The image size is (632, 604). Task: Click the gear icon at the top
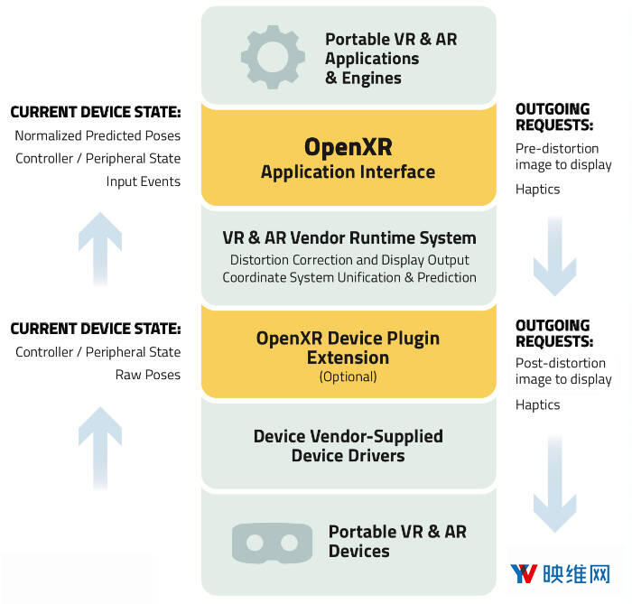pyautogui.click(x=272, y=57)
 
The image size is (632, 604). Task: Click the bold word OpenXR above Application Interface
pyautogui.click(x=348, y=146)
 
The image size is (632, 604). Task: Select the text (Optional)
pyautogui.click(x=348, y=376)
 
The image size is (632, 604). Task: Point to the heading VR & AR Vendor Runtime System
pyautogui.click(x=349, y=238)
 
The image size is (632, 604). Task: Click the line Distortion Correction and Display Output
pyautogui.click(x=349, y=260)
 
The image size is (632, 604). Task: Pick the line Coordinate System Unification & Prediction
pyautogui.click(x=349, y=277)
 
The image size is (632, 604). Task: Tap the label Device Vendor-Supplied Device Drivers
pyautogui.click(x=348, y=446)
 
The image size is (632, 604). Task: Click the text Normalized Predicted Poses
pyautogui.click(x=98, y=135)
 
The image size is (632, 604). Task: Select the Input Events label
pyautogui.click(x=144, y=181)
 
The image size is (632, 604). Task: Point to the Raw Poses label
pyautogui.click(x=148, y=375)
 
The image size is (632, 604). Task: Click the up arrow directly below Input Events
pyautogui.click(x=99, y=247)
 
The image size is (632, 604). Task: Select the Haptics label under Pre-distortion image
pyautogui.click(x=538, y=189)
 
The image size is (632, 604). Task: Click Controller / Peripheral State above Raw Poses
pyautogui.click(x=98, y=352)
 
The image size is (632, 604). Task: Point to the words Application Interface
pyautogui.click(x=348, y=172)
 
